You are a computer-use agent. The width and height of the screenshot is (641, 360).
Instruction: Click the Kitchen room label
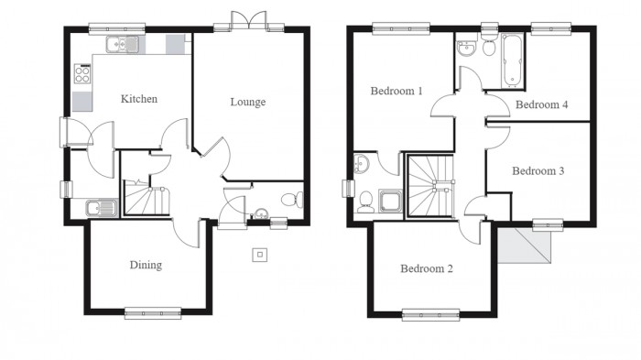pyautogui.click(x=140, y=99)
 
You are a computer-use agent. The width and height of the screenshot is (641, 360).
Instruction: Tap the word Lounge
pyautogui.click(x=247, y=102)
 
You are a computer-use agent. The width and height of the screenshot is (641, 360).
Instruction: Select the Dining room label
pyautogui.click(x=145, y=266)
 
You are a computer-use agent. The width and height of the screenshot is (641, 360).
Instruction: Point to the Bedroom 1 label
pyautogui.click(x=397, y=92)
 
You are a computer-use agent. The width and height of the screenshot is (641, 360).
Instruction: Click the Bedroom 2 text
pyautogui.click(x=427, y=269)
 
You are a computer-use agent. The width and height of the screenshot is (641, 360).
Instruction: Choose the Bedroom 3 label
pyautogui.click(x=538, y=171)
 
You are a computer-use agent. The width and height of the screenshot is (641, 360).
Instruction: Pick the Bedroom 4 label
pyautogui.click(x=541, y=105)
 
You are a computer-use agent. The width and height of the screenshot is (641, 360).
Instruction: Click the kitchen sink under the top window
pyautogui.click(x=121, y=44)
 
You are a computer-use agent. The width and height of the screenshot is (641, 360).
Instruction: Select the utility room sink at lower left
pyautogui.click(x=97, y=209)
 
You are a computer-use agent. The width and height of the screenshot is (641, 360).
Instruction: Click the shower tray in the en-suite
pyautogui.click(x=390, y=201)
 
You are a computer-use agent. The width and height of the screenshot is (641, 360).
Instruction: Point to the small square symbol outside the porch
pyautogui.click(x=260, y=255)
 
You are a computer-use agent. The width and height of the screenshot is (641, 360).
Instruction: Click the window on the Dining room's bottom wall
pyautogui.click(x=152, y=313)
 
